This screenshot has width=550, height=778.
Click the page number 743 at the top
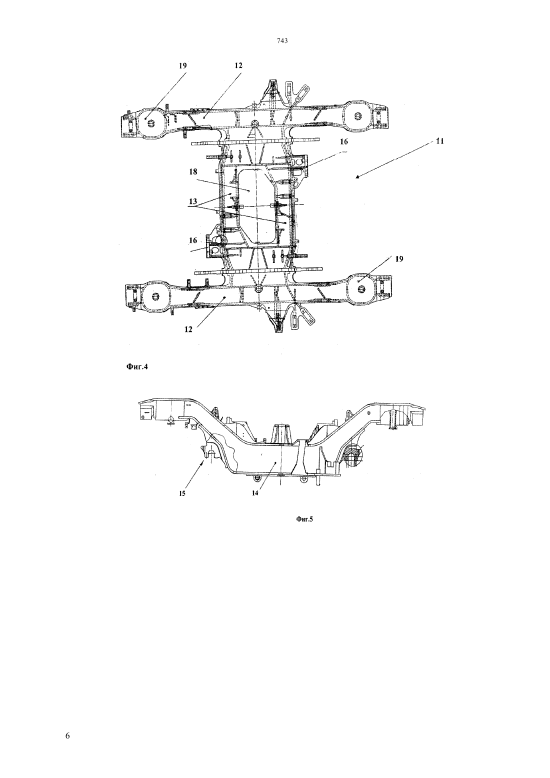click(x=282, y=41)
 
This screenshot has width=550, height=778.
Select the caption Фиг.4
click(x=137, y=367)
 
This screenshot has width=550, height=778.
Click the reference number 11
click(x=440, y=141)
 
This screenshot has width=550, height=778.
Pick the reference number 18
click(x=193, y=171)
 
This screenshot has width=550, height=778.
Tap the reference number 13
click(x=193, y=201)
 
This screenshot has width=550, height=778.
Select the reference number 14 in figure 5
click(x=255, y=493)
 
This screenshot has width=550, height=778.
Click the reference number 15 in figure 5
click(x=182, y=493)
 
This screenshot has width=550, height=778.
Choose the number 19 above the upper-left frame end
click(x=182, y=65)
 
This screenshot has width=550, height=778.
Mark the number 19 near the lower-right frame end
click(x=399, y=259)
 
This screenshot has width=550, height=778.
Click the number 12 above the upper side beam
click(x=238, y=65)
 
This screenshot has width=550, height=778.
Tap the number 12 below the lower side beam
click(x=188, y=329)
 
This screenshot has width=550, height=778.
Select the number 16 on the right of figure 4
click(x=344, y=141)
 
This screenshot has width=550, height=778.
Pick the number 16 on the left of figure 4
click(x=193, y=240)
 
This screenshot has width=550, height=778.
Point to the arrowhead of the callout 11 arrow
click(x=357, y=177)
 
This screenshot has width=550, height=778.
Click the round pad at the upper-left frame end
click(x=151, y=123)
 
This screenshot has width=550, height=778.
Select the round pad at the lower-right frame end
click(x=361, y=288)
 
